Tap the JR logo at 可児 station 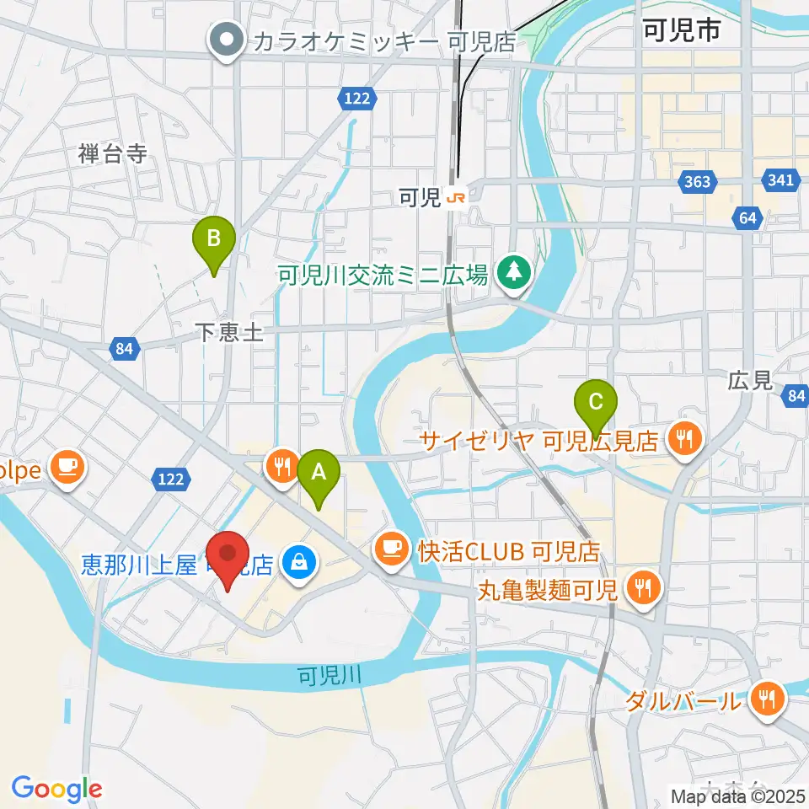(x=456, y=199)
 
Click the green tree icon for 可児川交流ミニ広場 (x=512, y=273)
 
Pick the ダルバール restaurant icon (x=768, y=699)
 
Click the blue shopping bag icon (x=297, y=559)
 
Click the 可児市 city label (x=680, y=33)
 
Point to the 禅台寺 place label (x=112, y=153)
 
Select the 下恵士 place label (x=229, y=333)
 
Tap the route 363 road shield (x=699, y=181)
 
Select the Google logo (x=56, y=788)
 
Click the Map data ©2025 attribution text (x=737, y=796)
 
